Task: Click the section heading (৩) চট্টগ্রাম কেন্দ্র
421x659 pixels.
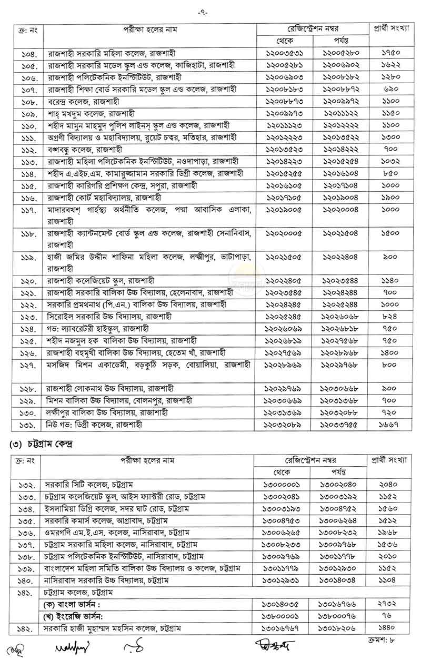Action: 44,444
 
